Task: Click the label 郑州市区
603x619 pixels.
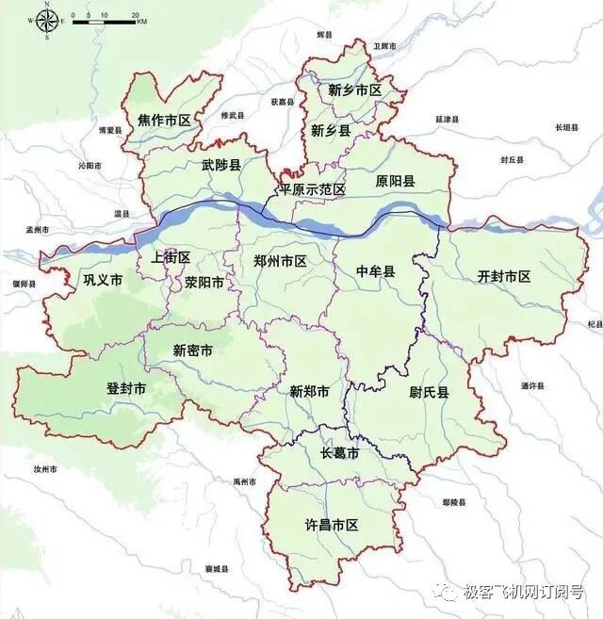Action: click(281, 261)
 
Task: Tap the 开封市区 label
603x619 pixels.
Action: click(504, 276)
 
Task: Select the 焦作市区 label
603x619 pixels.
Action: click(164, 120)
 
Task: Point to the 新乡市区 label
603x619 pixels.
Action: click(354, 90)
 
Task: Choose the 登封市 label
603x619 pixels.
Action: click(126, 388)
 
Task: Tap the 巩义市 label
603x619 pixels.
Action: click(103, 280)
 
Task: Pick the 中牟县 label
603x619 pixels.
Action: click(376, 271)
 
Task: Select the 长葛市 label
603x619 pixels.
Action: click(339, 453)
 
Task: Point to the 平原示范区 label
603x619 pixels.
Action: click(311, 189)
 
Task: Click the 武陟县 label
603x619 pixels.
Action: click(220, 165)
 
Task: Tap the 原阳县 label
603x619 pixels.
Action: click(395, 180)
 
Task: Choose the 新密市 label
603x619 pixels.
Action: click(192, 350)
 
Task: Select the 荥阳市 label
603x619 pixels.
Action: click(204, 282)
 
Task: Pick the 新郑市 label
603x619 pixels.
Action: click(309, 391)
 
